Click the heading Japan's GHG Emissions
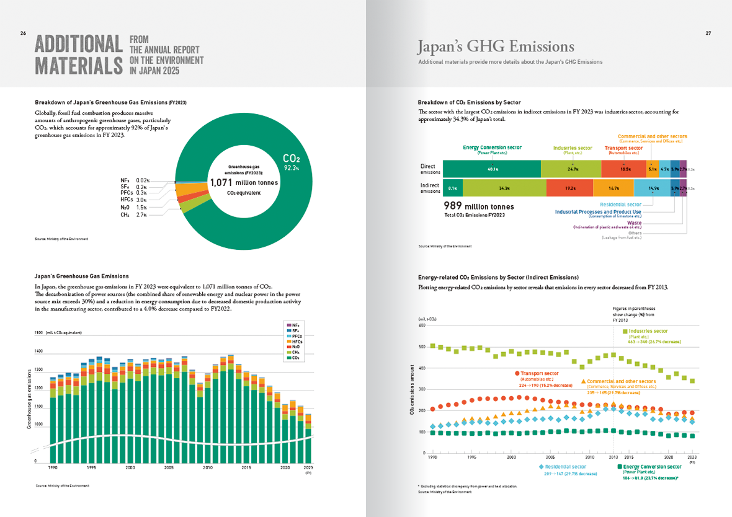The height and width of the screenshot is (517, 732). [x=495, y=46]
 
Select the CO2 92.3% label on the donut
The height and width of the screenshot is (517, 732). [x=292, y=162]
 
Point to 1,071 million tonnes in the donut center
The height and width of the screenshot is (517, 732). [x=244, y=182]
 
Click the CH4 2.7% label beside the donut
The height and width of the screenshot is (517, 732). [x=133, y=214]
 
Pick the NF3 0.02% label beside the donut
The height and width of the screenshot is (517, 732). [x=135, y=180]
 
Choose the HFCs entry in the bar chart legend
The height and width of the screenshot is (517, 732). [x=295, y=342]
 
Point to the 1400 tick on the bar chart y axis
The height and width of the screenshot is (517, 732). [x=38, y=351]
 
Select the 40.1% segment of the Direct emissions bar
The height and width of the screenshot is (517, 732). [x=492, y=169]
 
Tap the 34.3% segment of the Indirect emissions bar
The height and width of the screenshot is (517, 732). [x=504, y=188]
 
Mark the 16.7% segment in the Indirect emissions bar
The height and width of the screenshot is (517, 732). [x=614, y=188]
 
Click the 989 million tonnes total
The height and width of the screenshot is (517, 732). [x=478, y=206]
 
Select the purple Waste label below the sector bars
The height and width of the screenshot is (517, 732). [x=634, y=223]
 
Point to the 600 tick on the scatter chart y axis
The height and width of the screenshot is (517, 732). [x=422, y=325]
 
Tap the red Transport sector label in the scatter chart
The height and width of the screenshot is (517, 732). [x=537, y=374]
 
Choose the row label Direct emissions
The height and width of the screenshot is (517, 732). [x=427, y=169]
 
